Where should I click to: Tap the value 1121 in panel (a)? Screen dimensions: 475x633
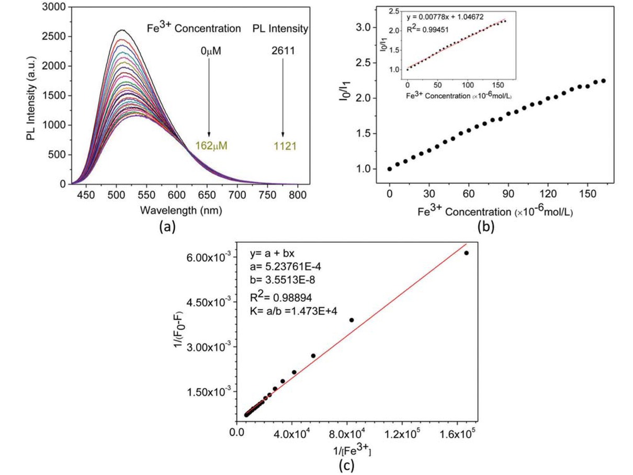(x=283, y=145)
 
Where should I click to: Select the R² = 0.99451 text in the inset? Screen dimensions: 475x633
(x=431, y=30)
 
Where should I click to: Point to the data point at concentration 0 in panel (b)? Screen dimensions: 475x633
(x=389, y=169)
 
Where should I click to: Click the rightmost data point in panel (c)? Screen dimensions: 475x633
(x=467, y=253)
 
